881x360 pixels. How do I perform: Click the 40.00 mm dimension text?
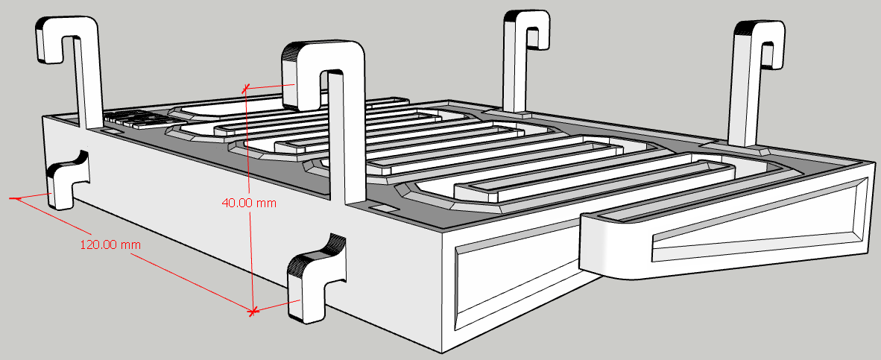coord(250,203)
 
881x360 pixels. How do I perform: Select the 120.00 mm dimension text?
coord(111,245)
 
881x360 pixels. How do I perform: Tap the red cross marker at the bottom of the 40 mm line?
coord(253,310)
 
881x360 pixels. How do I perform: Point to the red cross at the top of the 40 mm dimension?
coord(245,88)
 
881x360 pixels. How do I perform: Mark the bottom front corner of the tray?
coord(443,353)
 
